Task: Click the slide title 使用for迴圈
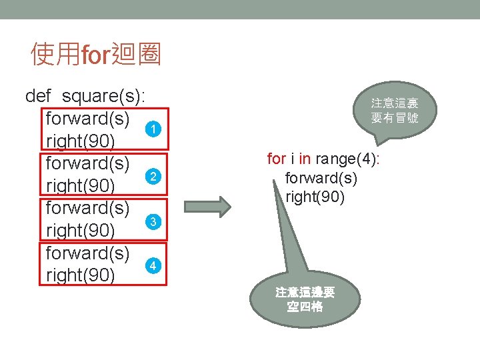[x=96, y=55]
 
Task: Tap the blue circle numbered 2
[x=153, y=176]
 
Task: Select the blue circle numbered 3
[x=153, y=221]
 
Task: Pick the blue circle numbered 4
[x=153, y=265]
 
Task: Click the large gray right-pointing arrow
[x=207, y=203]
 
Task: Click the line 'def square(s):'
[x=85, y=96]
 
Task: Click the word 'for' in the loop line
[x=276, y=159]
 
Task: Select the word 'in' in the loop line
[x=305, y=159]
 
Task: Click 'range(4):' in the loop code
[x=347, y=159]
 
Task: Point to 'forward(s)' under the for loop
[x=321, y=178]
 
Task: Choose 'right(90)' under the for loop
[x=315, y=197]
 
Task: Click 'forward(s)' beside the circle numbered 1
[x=87, y=119]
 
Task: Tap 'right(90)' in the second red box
[x=80, y=186]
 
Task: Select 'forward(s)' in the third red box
[x=87, y=209]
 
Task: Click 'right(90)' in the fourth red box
[x=80, y=275]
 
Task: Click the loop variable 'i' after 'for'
[x=291, y=159]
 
